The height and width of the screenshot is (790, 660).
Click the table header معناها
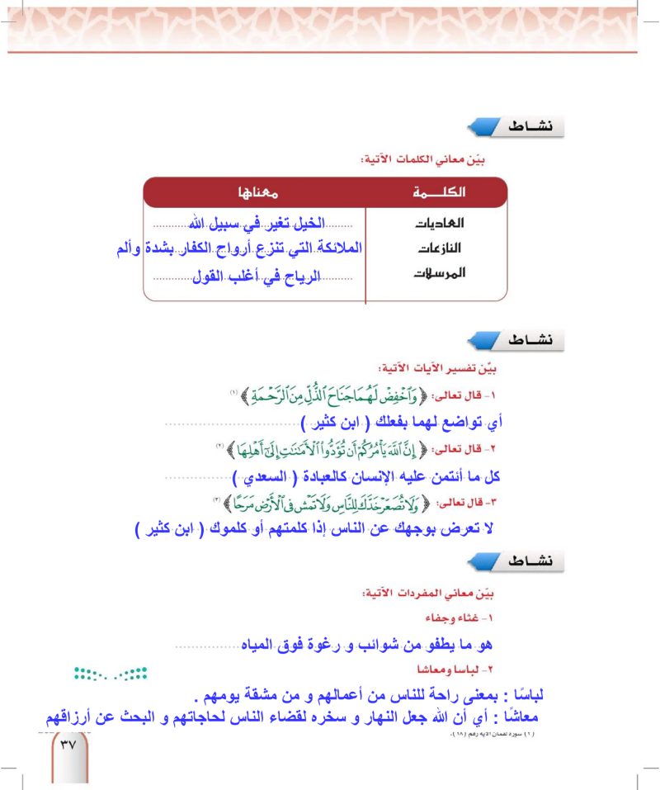point(256,192)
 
